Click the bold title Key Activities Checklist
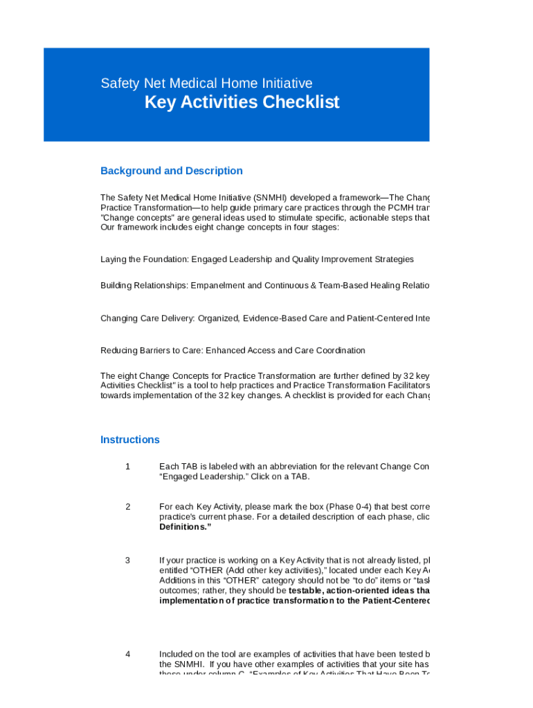[242, 102]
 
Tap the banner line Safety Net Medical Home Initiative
[206, 84]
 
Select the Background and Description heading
[172, 171]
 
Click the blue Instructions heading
[130, 440]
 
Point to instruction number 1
[127, 467]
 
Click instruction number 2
[127, 507]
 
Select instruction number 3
[127, 560]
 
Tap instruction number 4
[127, 653]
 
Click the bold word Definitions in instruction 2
[185, 527]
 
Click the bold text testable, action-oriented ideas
[353, 591]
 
